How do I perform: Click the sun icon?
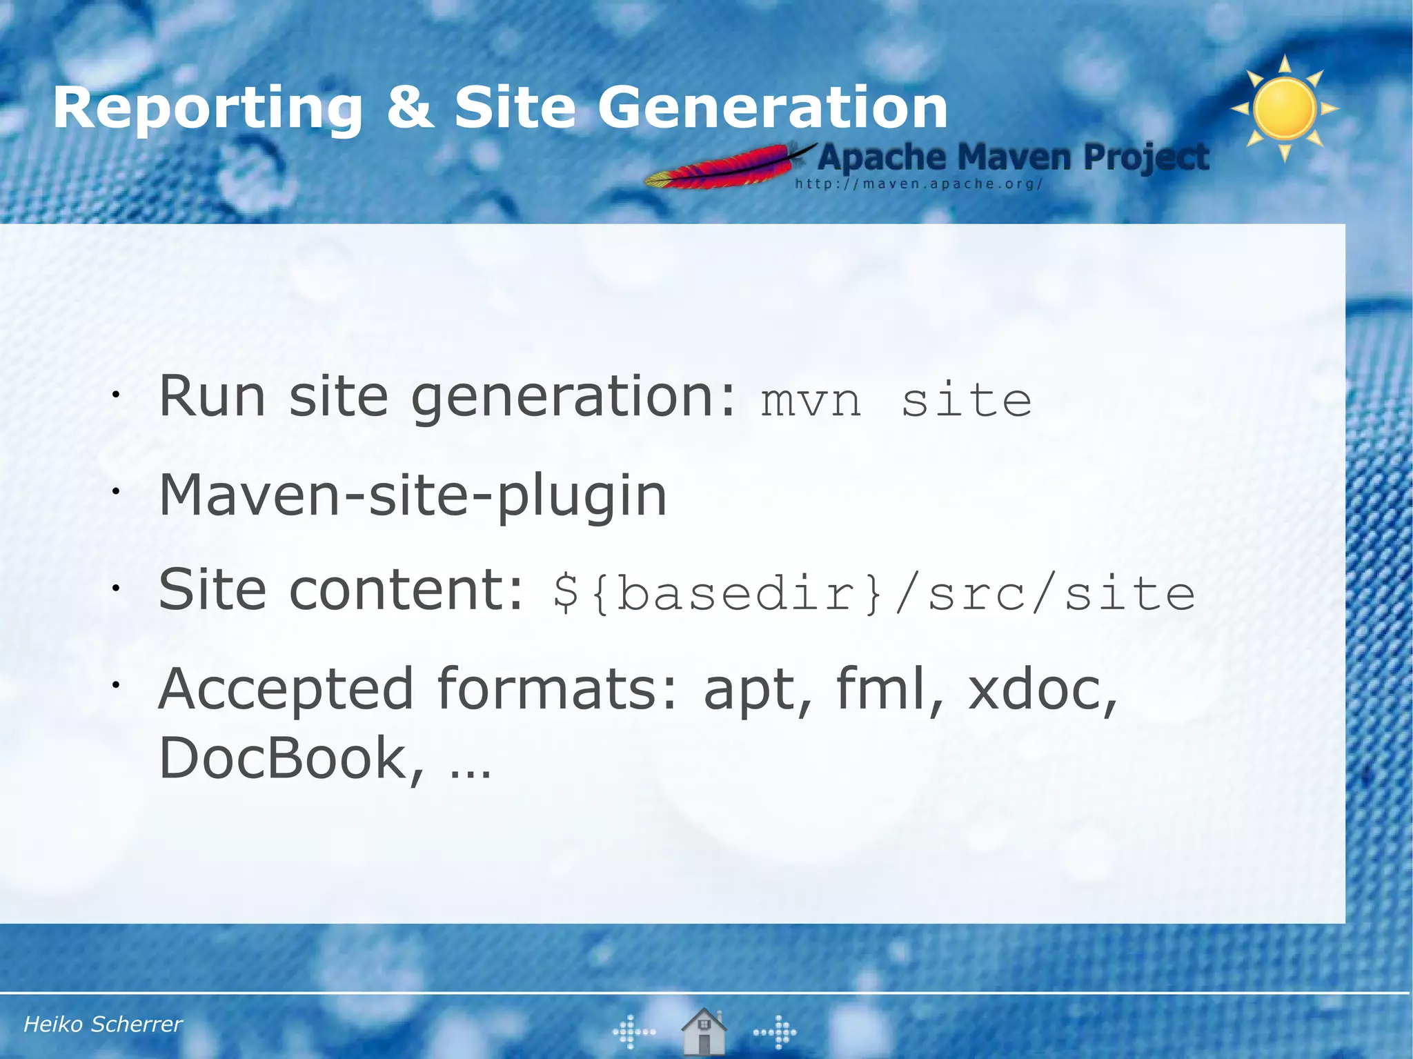point(1285,108)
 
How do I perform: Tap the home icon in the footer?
point(703,1031)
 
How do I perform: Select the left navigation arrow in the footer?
point(633,1032)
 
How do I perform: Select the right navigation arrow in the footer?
point(775,1032)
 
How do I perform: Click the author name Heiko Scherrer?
point(103,1024)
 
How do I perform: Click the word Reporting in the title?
point(208,109)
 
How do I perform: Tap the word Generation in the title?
point(772,108)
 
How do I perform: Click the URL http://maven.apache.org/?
point(918,184)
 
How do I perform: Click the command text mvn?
point(811,401)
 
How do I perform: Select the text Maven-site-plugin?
point(413,495)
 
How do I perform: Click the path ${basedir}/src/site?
point(873,593)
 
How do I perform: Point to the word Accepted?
point(286,689)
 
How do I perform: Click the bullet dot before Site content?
point(117,588)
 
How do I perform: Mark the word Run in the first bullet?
point(212,397)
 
